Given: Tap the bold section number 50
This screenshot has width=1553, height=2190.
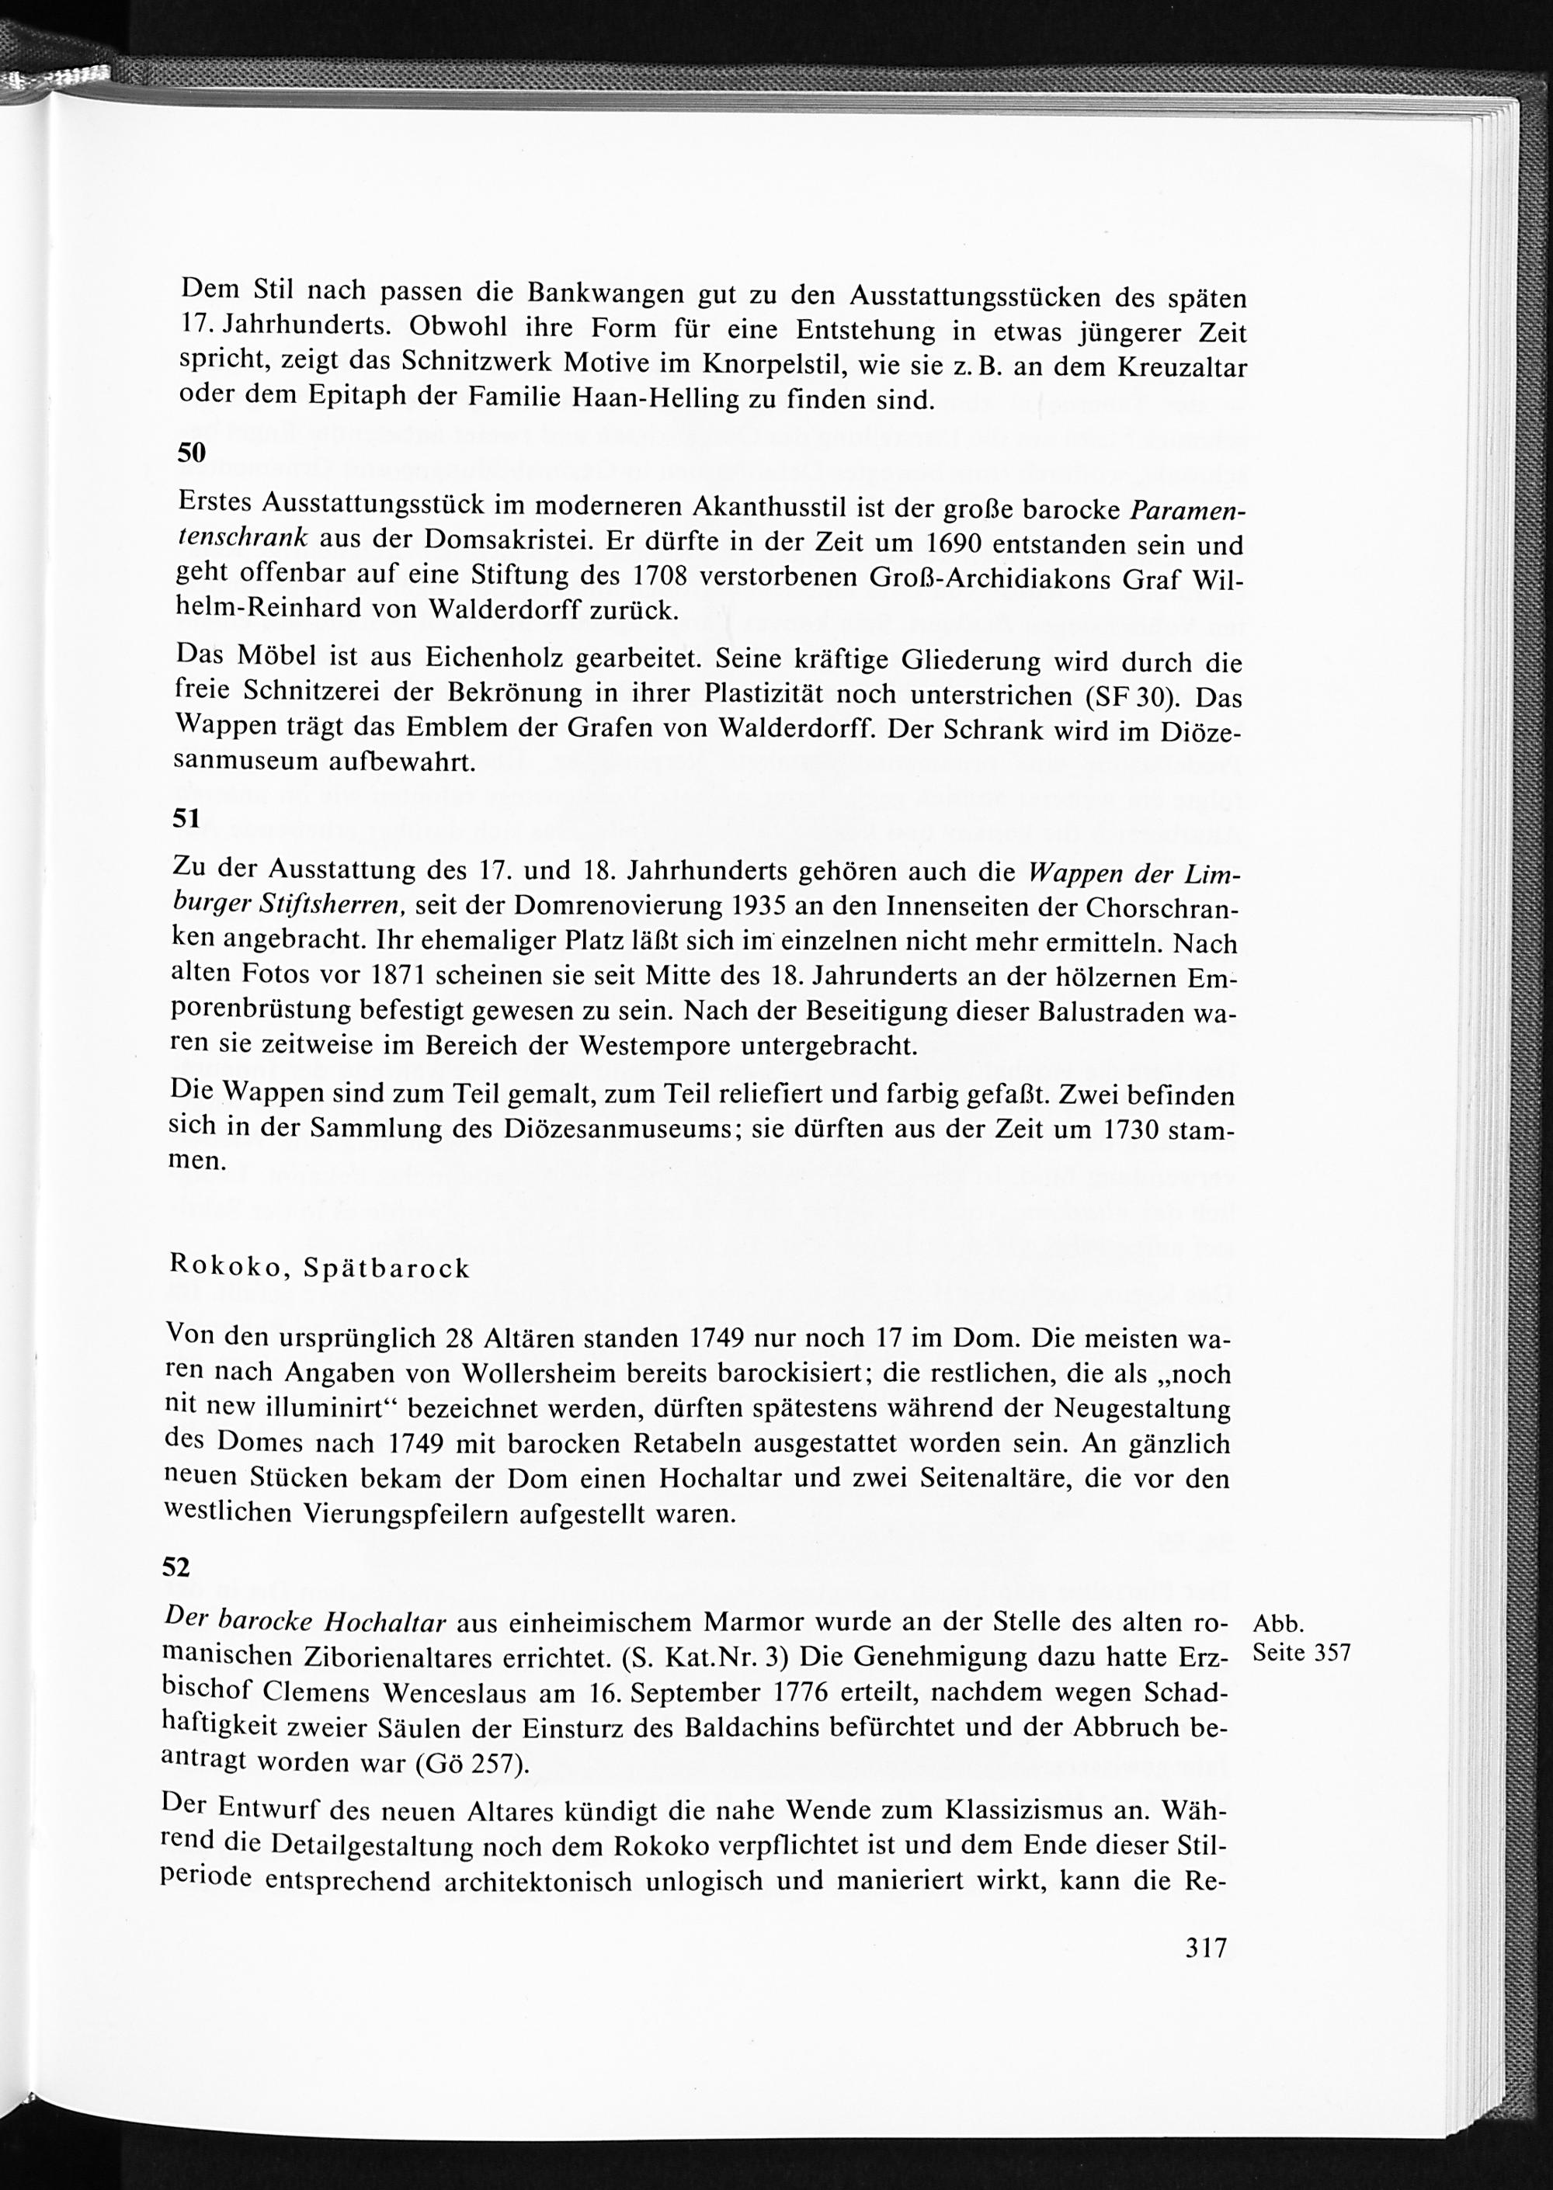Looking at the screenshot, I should [193, 453].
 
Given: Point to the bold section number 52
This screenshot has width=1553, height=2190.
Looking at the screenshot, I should [178, 1567].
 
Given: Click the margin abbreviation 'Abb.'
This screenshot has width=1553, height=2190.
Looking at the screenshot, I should [1279, 1623].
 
